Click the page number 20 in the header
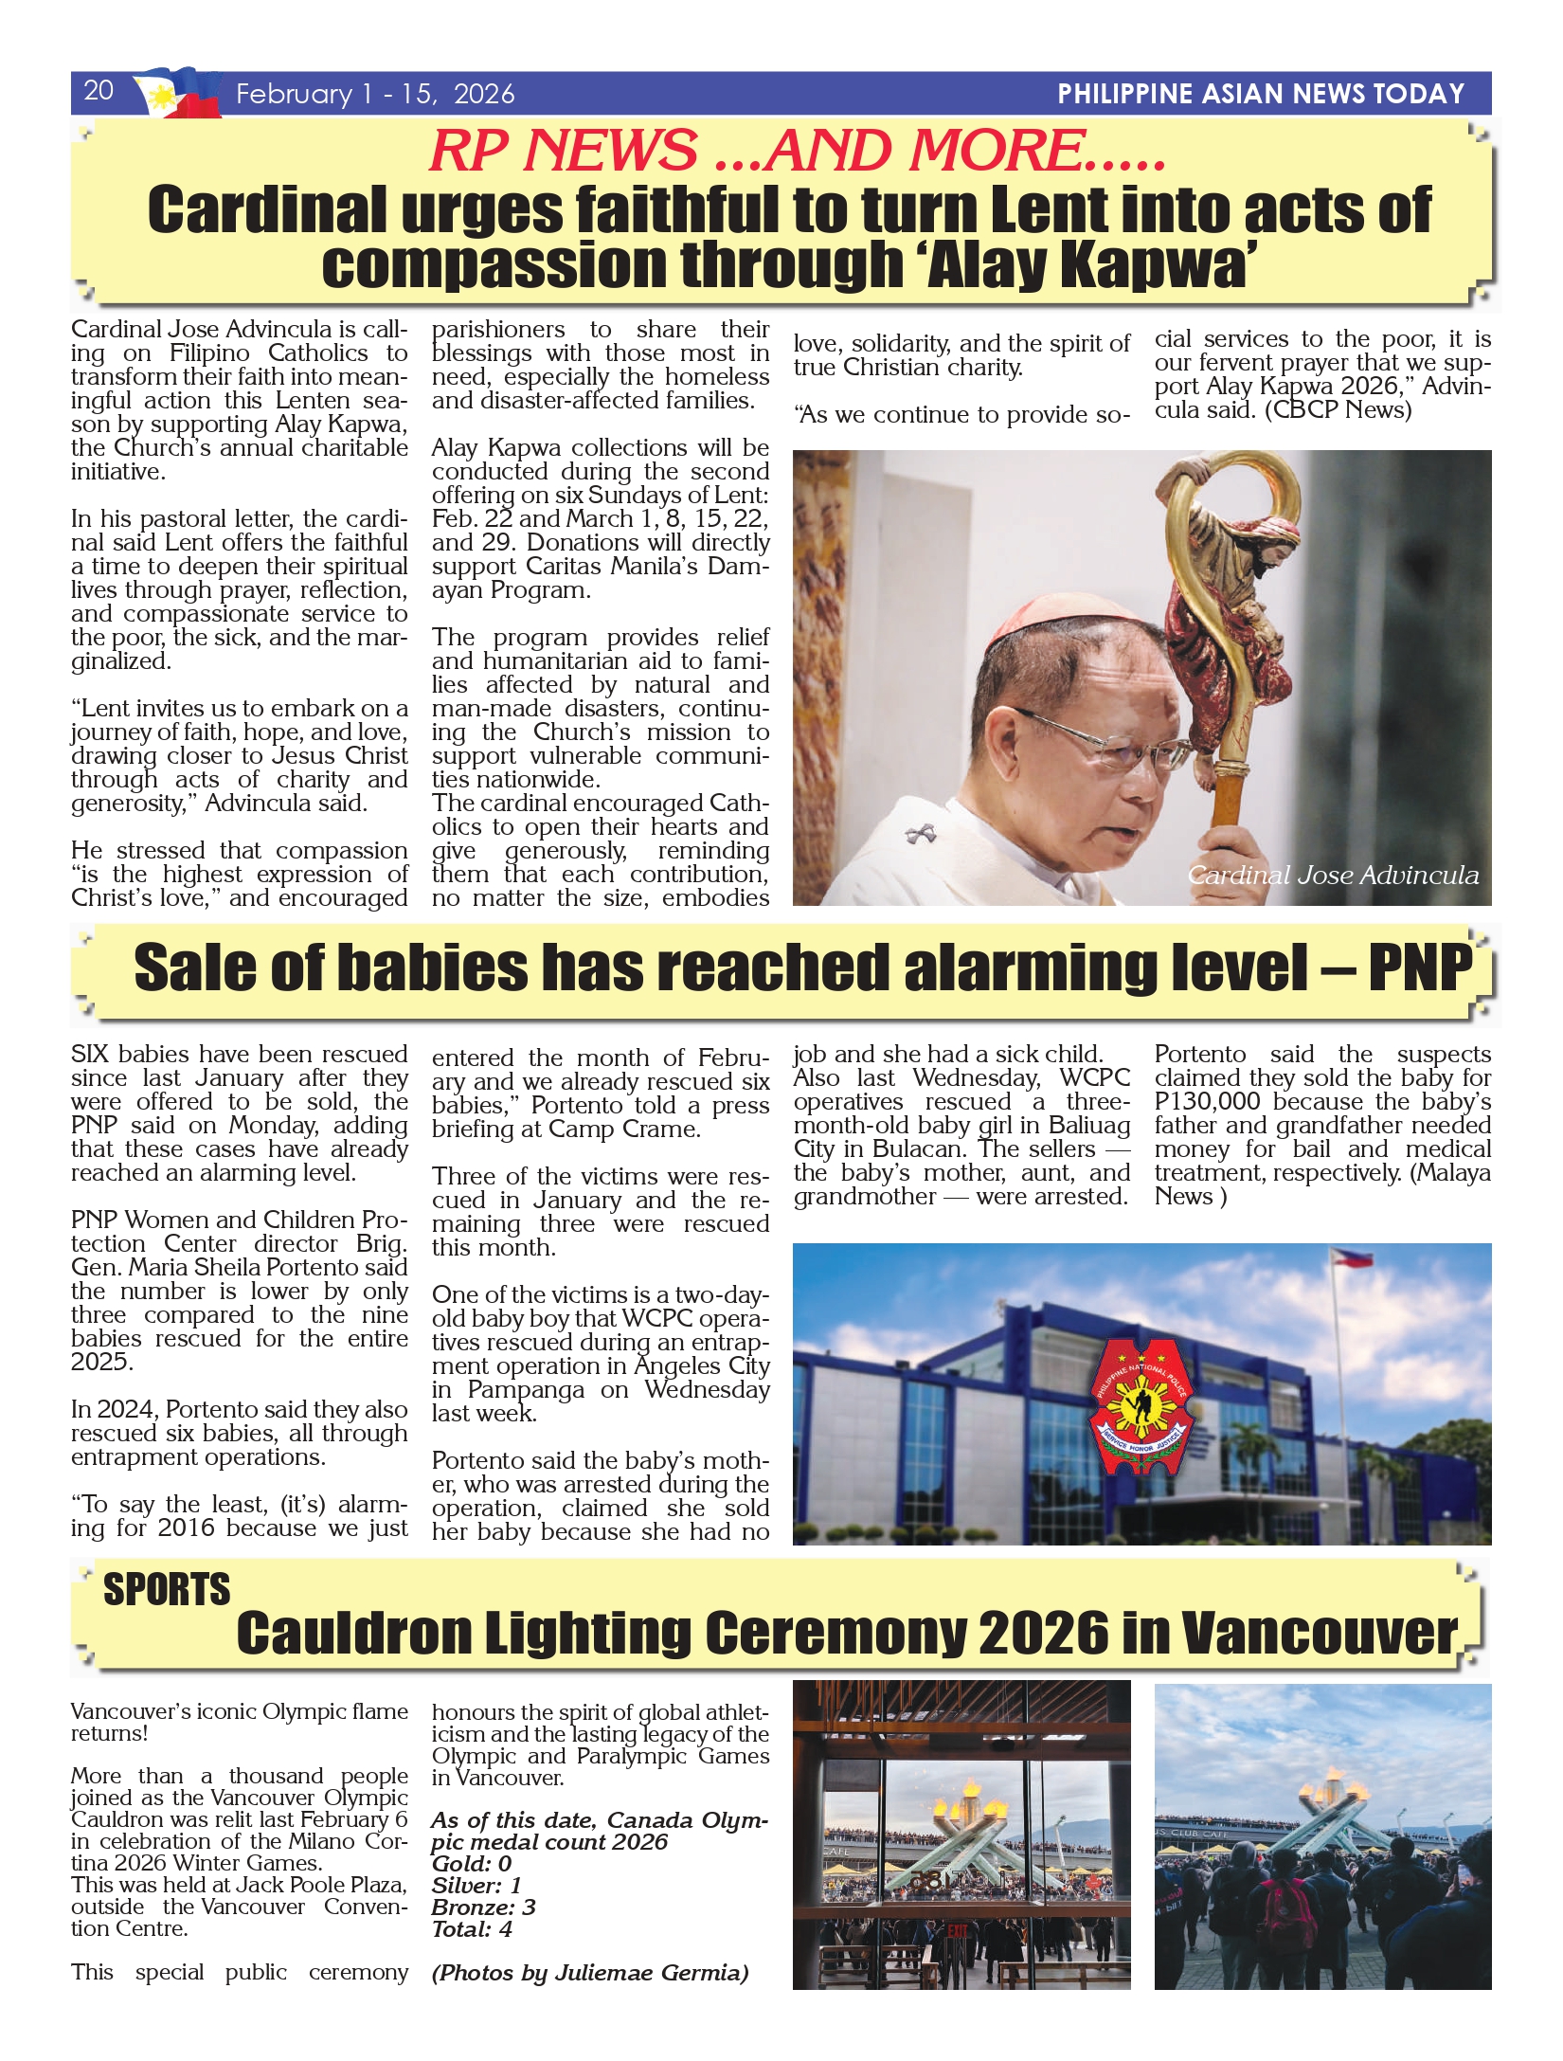[x=99, y=91]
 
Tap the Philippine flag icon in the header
[x=177, y=93]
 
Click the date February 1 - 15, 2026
[x=375, y=94]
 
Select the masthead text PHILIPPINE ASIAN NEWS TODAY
[x=1261, y=94]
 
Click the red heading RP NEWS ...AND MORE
[x=798, y=151]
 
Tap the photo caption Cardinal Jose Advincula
[x=1333, y=875]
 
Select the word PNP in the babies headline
[x=1420, y=967]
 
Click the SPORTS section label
[x=167, y=1589]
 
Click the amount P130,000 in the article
[x=1207, y=1102]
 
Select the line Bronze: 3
[x=483, y=1907]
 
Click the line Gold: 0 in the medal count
[x=471, y=1864]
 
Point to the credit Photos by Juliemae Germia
[x=590, y=1973]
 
